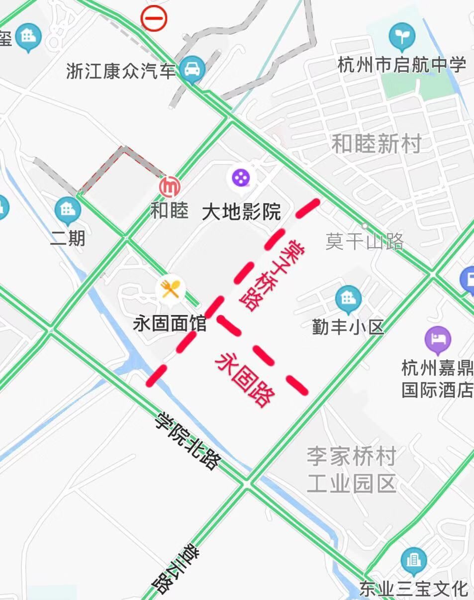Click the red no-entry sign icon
[154, 19]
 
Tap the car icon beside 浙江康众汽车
[192, 69]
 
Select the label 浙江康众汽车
[121, 71]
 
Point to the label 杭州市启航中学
[402, 65]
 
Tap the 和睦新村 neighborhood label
[377, 144]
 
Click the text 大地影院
[241, 212]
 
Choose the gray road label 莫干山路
[364, 242]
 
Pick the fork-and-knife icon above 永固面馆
[170, 289]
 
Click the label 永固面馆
[170, 324]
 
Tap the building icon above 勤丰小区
[348, 299]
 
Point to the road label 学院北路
[188, 441]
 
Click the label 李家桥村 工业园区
[351, 470]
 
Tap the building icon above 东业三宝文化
[414, 560]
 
